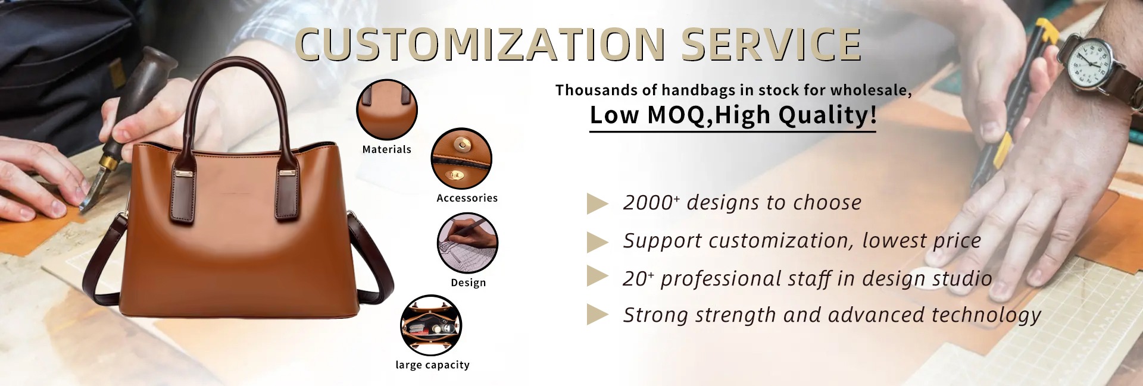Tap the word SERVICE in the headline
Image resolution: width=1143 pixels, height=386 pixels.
(772, 45)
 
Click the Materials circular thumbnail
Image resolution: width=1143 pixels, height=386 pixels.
(387, 110)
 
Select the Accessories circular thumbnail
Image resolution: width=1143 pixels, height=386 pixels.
(461, 159)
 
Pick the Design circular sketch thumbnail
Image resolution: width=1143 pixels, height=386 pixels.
(467, 243)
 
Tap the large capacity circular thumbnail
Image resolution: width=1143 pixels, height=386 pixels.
(431, 325)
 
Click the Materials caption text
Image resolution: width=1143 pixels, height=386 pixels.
(387, 149)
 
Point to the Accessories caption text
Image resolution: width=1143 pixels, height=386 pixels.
(467, 198)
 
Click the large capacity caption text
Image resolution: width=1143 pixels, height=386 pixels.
(433, 365)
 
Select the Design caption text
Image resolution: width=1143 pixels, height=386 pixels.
(469, 283)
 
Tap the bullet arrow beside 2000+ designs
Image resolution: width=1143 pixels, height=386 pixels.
(597, 203)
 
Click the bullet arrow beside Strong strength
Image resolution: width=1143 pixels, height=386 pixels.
(597, 315)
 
